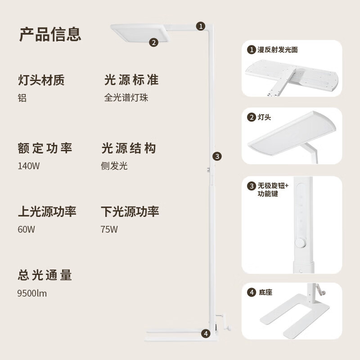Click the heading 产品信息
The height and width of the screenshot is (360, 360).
[50, 34]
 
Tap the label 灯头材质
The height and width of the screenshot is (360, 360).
[41, 81]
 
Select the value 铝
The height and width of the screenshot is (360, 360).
[22, 98]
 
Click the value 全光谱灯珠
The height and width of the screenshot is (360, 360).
[126, 98]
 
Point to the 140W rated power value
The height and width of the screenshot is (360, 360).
[29, 166]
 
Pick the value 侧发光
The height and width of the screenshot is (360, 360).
[114, 166]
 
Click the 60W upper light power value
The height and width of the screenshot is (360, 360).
[26, 229]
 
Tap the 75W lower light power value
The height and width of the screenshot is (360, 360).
[109, 229]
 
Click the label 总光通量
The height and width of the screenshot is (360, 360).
[45, 275]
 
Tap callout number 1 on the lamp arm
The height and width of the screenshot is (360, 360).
[201, 26]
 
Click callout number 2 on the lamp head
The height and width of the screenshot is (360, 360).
[153, 43]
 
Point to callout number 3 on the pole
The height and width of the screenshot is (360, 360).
[217, 156]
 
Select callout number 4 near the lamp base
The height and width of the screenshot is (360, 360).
[206, 333]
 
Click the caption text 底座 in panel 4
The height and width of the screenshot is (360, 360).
[265, 292]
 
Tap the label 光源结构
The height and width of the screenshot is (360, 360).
[129, 148]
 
